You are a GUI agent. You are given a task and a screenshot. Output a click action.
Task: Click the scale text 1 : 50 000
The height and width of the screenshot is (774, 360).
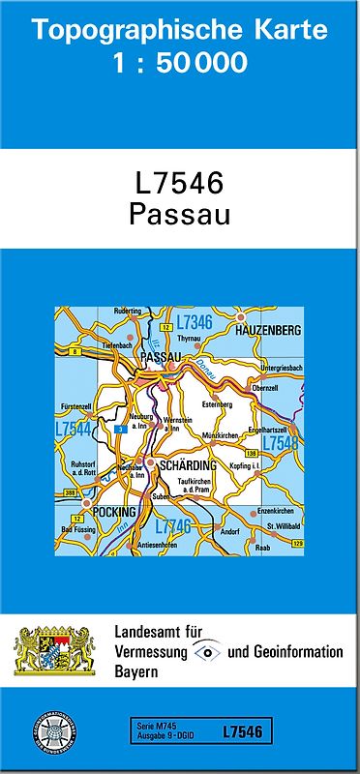pos(179,64)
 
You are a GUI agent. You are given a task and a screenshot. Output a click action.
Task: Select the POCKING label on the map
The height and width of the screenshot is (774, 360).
pos(115,506)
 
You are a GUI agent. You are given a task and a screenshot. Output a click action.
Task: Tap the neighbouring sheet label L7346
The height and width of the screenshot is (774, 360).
pos(194,321)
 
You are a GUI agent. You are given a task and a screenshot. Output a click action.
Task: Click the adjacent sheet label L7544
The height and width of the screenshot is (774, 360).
pos(74,429)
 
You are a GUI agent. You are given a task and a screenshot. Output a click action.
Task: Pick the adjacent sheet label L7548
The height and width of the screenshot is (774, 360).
pos(281,443)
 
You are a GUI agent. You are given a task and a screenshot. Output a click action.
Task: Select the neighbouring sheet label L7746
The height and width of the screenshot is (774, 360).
pos(173,525)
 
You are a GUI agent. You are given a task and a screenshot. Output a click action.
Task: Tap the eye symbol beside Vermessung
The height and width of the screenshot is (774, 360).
pos(208,651)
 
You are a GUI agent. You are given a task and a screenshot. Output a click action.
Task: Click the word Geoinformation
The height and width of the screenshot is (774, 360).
pos(297,651)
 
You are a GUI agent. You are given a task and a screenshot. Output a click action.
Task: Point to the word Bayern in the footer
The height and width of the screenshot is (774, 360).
pos(137,671)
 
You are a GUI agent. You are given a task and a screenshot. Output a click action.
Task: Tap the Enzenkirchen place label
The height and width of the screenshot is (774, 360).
pos(272,510)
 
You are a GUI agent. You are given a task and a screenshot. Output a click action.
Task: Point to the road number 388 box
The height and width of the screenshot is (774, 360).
pos(70,493)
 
